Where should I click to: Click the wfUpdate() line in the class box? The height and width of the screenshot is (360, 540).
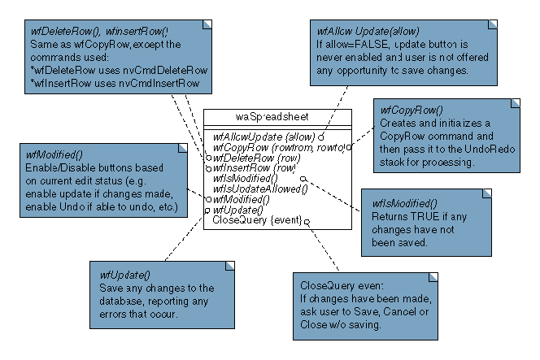tap(240, 209)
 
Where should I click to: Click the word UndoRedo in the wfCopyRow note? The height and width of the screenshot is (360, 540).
tap(491, 150)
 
